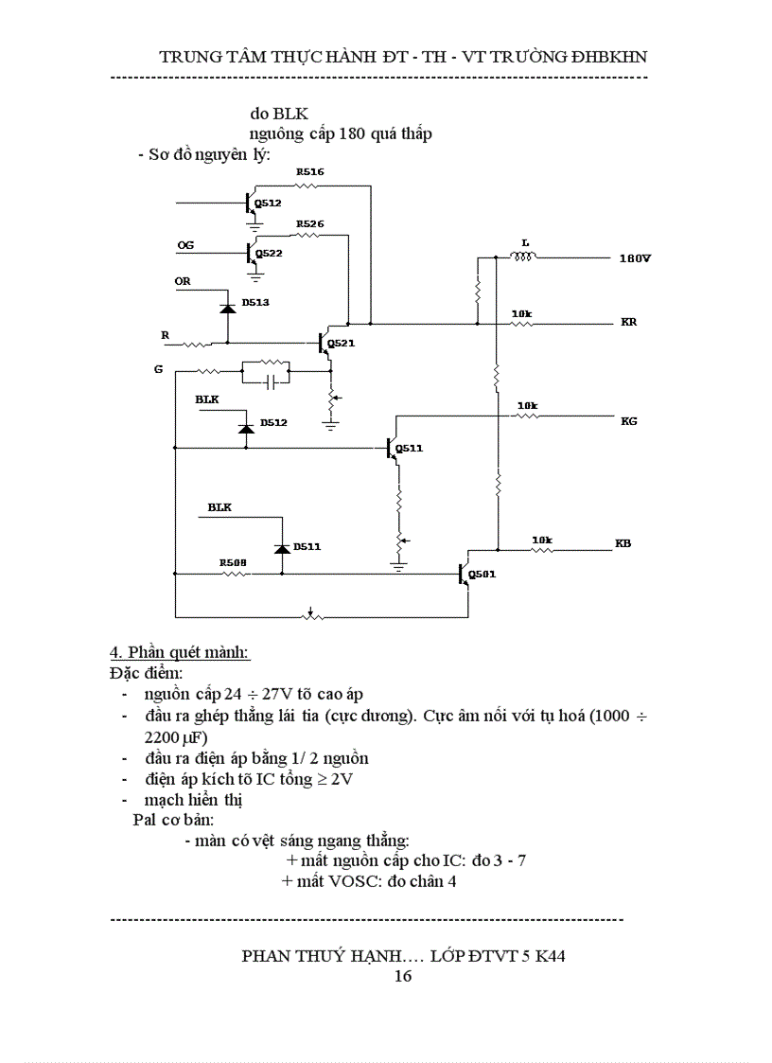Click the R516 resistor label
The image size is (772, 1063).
pos(309,172)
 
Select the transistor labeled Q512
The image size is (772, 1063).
pos(250,203)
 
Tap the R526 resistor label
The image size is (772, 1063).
pos(309,224)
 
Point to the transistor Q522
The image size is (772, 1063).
pos(250,253)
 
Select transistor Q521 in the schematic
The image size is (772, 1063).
pos(324,343)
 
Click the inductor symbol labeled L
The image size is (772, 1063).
pos(522,256)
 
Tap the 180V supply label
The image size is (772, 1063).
pos(635,257)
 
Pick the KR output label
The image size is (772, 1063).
pos(629,322)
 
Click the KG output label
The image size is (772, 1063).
pos(629,420)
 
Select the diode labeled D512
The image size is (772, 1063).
pos(246,428)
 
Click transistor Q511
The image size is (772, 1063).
pos(393,448)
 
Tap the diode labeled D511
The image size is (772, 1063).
pos(281,548)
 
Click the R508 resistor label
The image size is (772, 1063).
pos(233,562)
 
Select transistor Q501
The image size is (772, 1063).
pos(465,574)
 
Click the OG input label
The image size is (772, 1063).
pos(185,245)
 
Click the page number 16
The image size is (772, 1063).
pos(402,976)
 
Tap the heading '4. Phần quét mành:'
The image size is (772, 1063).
pos(180,653)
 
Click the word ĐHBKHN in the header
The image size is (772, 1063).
pos(603,56)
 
